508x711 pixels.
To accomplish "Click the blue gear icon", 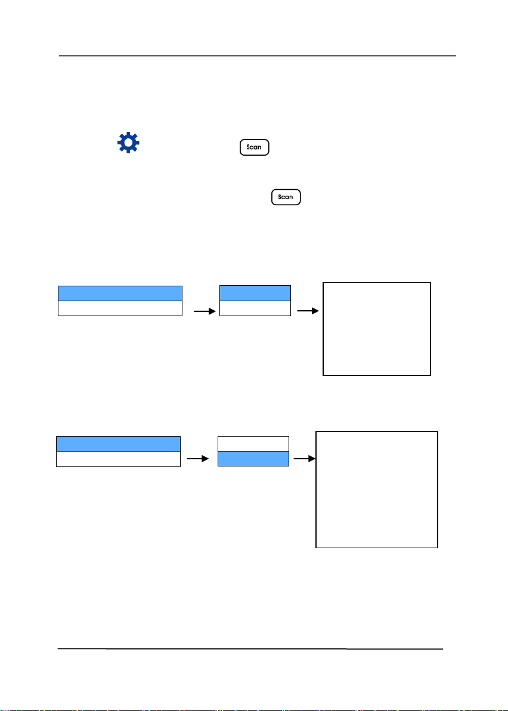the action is pyautogui.click(x=128, y=143).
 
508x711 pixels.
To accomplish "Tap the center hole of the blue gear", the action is pyautogui.click(x=128, y=143).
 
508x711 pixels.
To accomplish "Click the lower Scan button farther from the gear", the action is pyautogui.click(x=286, y=197).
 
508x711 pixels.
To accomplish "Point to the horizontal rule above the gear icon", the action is pyautogui.click(x=258, y=56).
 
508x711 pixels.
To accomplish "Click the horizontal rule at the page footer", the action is pyautogui.click(x=250, y=649).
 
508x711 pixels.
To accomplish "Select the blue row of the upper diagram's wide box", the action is pyautogui.click(x=120, y=293).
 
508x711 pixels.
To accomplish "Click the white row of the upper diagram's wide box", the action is pyautogui.click(x=120, y=308).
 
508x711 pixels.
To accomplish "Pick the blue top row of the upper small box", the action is pyautogui.click(x=255, y=293).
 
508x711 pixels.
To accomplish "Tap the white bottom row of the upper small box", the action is pyautogui.click(x=255, y=308).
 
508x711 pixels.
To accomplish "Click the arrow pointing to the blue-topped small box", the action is pyautogui.click(x=205, y=311).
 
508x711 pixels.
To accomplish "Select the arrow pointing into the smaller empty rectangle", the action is pyautogui.click(x=308, y=311).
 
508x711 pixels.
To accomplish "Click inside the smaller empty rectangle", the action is pyautogui.click(x=377, y=329).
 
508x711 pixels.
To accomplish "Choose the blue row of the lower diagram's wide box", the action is pyautogui.click(x=118, y=444).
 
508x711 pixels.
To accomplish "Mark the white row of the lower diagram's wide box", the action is pyautogui.click(x=118, y=459).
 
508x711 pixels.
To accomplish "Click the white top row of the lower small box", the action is pyautogui.click(x=253, y=443).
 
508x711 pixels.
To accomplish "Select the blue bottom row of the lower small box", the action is pyautogui.click(x=253, y=459).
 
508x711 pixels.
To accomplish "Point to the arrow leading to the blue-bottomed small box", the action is pyautogui.click(x=198, y=459).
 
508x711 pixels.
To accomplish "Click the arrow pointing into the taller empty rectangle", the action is pyautogui.click(x=305, y=459).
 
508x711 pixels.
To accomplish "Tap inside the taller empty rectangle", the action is pyautogui.click(x=377, y=490).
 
